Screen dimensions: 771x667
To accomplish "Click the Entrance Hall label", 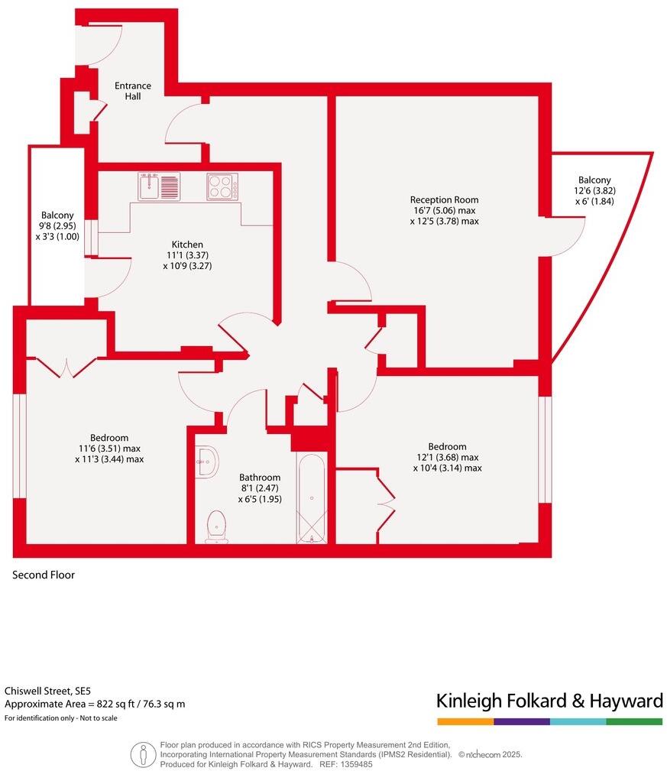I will point(133,91).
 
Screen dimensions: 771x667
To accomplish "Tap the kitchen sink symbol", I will point(159,186).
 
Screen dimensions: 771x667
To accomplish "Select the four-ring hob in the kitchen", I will point(222,186).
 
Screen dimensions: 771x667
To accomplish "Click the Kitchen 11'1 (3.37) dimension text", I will point(186,255).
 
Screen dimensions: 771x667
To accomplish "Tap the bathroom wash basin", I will point(206,461).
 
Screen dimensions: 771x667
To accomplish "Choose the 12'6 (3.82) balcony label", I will point(594,191).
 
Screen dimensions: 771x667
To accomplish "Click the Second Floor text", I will point(44,575).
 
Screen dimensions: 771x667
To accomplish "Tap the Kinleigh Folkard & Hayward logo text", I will point(549,701).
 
